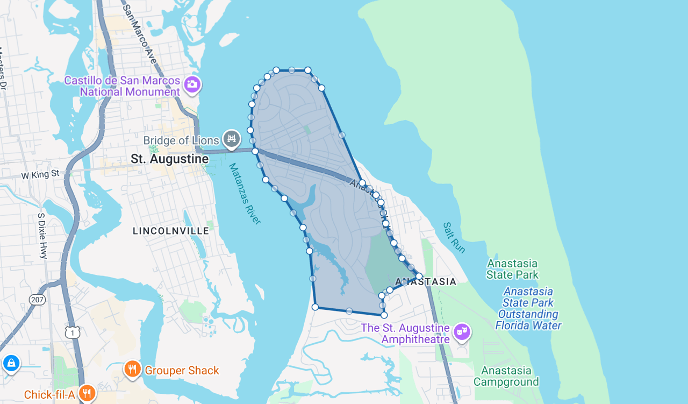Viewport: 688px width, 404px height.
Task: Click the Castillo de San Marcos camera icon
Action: coord(192,84)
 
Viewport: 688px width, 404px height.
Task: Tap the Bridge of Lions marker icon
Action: coord(232,139)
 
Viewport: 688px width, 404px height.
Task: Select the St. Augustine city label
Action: coord(170,159)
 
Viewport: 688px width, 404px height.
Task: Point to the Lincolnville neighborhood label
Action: coord(171,231)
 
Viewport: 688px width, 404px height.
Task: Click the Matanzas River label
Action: coord(245,194)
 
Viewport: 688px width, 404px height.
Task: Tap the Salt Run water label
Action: coord(454,238)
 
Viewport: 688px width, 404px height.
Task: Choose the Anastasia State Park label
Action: coord(512,269)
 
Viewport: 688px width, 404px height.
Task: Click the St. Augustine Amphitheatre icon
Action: coord(462,332)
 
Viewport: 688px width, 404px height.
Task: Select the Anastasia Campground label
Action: coord(506,376)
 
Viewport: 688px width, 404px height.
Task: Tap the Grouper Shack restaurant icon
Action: coord(132,370)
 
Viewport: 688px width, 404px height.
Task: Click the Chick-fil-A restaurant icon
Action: coord(87,393)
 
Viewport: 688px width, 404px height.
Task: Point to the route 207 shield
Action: coord(37,300)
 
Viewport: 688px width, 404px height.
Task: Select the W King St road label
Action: coord(40,175)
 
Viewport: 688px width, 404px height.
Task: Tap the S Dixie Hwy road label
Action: coord(42,236)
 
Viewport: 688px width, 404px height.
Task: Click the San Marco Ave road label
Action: coord(139,32)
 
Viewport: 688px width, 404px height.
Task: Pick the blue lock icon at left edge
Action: coord(11,363)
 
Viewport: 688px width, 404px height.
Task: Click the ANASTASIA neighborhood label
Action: coord(426,282)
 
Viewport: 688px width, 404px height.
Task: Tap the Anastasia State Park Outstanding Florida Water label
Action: coord(529,308)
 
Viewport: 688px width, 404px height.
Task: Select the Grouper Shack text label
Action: coord(182,371)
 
